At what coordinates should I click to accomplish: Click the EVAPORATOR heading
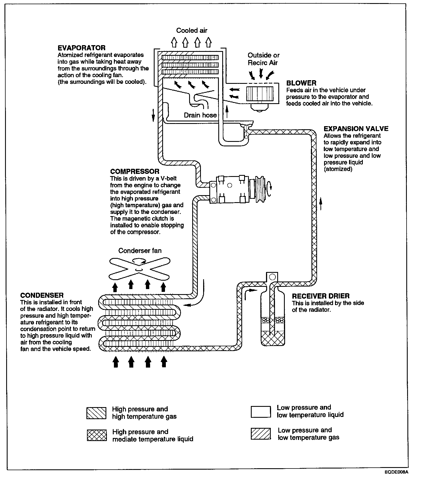coord(81,48)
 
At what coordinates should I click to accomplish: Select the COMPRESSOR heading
coord(135,171)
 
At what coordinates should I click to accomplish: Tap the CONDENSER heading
coord(42,295)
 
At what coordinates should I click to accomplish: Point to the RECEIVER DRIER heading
coord(321,296)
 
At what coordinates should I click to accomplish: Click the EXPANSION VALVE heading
coord(356,129)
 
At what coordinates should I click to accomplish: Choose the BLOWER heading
coord(301,83)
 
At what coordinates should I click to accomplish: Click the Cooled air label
coord(192,30)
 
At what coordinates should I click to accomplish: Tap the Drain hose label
coord(200,115)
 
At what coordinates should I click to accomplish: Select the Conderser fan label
coord(140,250)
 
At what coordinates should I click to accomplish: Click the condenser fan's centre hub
coord(139,270)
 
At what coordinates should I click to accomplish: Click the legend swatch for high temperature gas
coord(96,413)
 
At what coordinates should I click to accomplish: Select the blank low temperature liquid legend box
coord(261,412)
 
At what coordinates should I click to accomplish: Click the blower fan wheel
coord(260,94)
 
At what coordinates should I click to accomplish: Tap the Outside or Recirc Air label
coord(263,59)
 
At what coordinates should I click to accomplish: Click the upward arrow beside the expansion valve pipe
coord(321,204)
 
